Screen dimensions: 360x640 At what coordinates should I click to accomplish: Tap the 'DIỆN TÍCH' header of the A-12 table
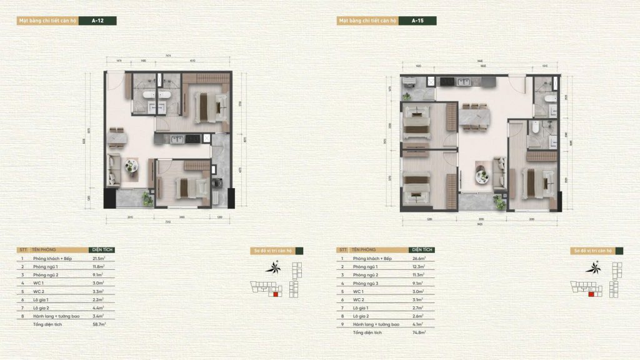102,249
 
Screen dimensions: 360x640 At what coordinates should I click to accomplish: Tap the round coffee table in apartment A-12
131,166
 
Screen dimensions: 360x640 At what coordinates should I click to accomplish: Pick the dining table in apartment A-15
474,118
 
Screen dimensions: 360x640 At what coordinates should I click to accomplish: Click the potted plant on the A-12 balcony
147,199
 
